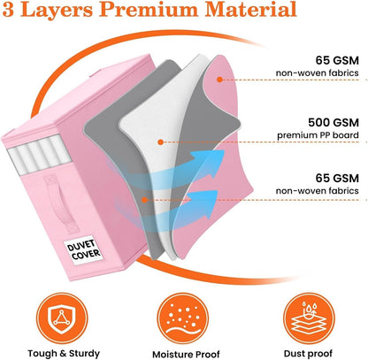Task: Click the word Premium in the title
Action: pos(149,9)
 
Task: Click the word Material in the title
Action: pos(250,9)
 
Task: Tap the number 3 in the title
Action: pos(9,10)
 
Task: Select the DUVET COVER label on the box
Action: pos(83,249)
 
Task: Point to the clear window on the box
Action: pos(39,154)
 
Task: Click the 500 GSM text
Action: pos(333,122)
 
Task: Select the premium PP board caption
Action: pos(318,135)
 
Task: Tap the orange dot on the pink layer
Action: pos(219,80)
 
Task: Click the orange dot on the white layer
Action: pos(160,142)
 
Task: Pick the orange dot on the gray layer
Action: pos(144,200)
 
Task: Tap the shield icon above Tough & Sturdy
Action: pos(62,318)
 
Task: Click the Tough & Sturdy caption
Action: pos(64,353)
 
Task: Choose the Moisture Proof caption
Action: pos(186,354)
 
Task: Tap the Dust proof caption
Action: pos(308,353)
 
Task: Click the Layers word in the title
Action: pos(57,10)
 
